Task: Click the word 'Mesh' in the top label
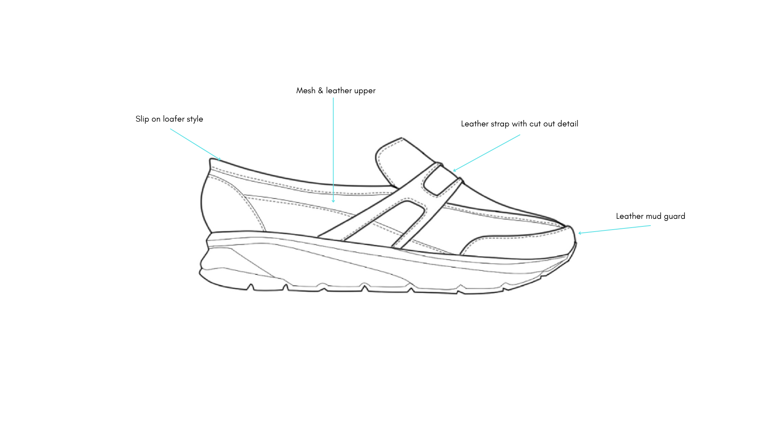(306, 91)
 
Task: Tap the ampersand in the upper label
(320, 91)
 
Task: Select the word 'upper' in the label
(364, 91)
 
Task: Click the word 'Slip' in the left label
(142, 119)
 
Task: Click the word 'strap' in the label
(500, 124)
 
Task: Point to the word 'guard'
(674, 216)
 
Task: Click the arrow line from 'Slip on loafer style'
(195, 144)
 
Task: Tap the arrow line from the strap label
(487, 152)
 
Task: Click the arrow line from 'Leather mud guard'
(615, 229)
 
